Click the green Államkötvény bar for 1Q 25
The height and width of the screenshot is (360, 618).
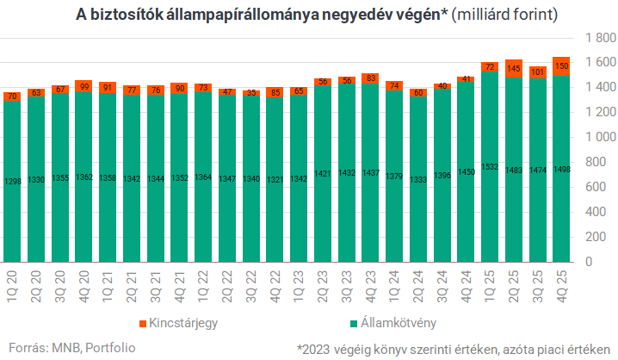tap(490, 164)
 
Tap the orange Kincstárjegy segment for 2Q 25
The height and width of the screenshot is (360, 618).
tap(514, 68)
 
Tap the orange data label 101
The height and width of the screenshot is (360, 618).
tap(538, 72)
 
